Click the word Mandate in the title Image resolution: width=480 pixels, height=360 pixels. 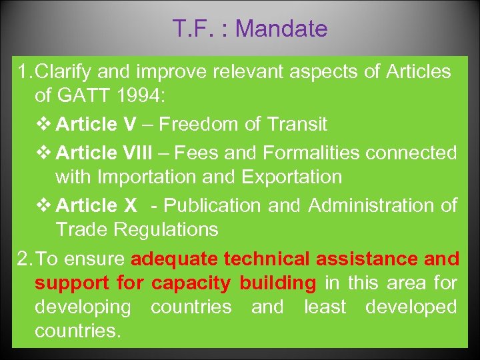click(281, 29)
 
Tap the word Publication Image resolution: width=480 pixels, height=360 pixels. click(215, 206)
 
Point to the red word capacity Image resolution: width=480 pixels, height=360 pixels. click(191, 283)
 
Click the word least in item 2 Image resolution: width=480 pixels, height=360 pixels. click(325, 307)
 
